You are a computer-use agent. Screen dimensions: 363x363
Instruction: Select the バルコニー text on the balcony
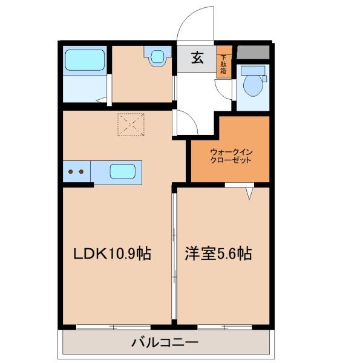[x=165, y=344]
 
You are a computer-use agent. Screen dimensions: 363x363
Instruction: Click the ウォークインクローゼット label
[x=230, y=156]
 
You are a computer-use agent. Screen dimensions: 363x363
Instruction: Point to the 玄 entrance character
[x=197, y=58]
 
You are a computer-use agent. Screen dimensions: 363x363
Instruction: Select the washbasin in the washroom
[x=156, y=57]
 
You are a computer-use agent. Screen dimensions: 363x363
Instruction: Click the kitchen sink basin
[x=122, y=171]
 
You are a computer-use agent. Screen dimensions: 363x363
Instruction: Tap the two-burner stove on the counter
[x=76, y=171]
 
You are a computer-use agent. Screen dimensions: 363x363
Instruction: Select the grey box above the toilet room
[x=253, y=53]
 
